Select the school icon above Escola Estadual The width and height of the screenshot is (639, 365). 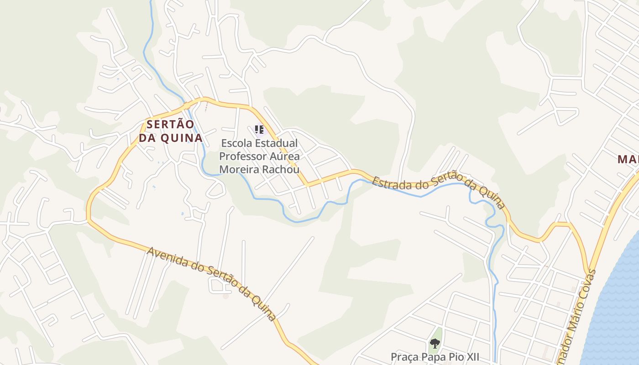pyautogui.click(x=259, y=130)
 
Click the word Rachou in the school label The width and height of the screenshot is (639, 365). pyautogui.click(x=282, y=170)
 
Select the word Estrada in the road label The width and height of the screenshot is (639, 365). pyautogui.click(x=388, y=183)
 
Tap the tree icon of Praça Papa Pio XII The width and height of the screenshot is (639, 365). pyautogui.click(x=435, y=343)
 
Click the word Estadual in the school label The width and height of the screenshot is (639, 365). pyautogui.click(x=276, y=143)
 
